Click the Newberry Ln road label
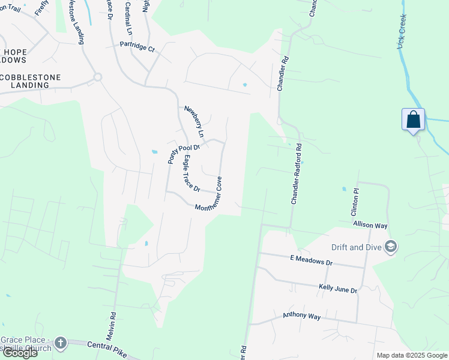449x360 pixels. (194, 121)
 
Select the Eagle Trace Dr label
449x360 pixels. (191, 173)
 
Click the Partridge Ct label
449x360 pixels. (137, 45)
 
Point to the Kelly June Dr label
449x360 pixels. (338, 289)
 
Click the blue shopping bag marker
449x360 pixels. (414, 119)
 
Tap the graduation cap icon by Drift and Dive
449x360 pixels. (391, 247)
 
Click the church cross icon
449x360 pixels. (60, 343)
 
